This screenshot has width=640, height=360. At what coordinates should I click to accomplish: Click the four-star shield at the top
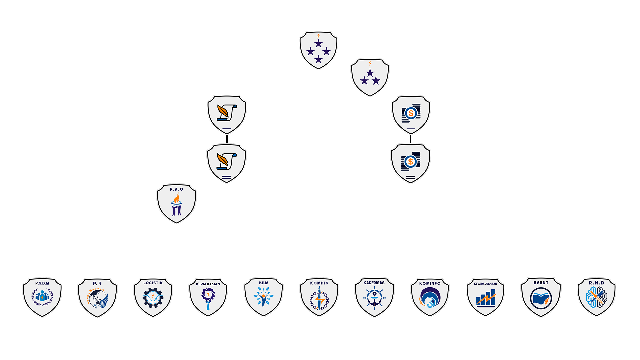(318, 50)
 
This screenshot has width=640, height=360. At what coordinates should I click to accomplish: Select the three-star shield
(370, 77)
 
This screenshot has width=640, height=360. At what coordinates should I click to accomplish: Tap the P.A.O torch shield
(176, 203)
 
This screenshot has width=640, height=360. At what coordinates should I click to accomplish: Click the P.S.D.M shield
(42, 297)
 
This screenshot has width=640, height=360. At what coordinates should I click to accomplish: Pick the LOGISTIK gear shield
(153, 297)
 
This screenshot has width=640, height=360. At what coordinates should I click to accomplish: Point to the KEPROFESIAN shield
(208, 297)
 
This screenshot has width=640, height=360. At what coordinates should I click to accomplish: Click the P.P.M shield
(263, 297)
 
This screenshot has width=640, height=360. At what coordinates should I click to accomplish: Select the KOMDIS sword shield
(319, 297)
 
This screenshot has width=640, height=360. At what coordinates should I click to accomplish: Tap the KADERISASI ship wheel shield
(374, 297)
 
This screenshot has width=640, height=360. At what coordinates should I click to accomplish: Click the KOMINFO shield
(430, 297)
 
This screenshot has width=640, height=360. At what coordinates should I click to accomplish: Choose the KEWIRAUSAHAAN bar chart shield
(485, 297)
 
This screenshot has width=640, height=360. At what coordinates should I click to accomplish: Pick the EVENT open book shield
(541, 297)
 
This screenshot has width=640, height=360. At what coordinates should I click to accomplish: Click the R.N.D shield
(596, 297)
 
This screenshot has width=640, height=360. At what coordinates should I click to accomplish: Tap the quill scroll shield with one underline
(227, 114)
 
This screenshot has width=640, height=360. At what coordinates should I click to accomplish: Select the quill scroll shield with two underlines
(227, 163)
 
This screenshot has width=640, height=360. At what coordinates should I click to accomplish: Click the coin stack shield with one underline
(411, 114)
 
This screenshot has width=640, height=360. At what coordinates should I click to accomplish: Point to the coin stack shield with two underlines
(411, 163)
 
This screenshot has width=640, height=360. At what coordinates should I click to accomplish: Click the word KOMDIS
(319, 283)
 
